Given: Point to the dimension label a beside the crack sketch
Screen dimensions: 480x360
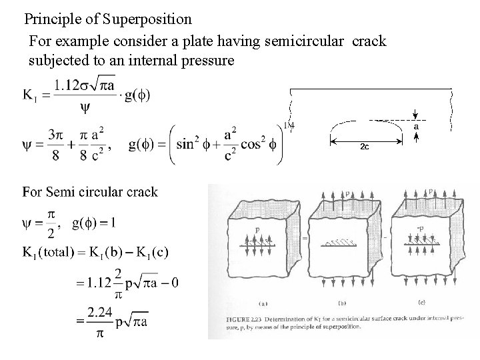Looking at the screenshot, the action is click(x=416, y=126).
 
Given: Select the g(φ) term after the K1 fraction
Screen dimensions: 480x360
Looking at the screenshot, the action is click(x=137, y=95).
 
